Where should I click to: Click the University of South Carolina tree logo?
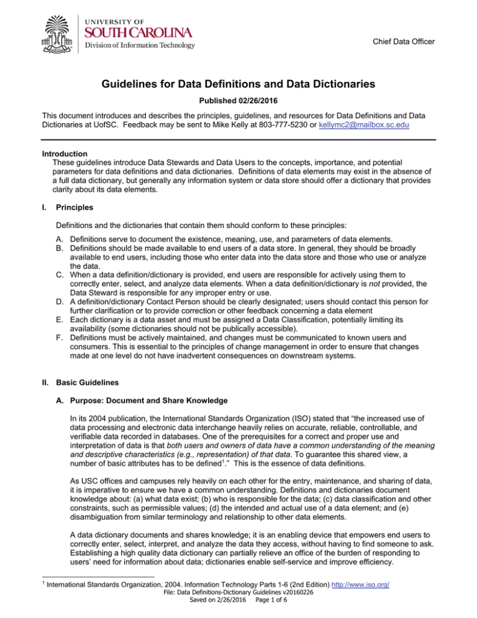(x=59, y=31)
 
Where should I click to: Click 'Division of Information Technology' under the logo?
(x=140, y=45)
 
